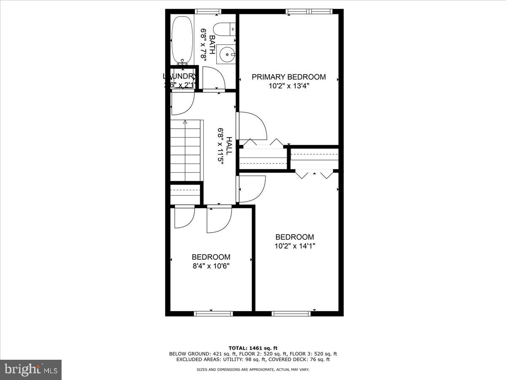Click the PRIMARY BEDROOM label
point(288,77)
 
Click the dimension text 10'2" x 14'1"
point(295,246)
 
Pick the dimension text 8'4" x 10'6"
point(211,266)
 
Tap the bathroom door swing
point(214,78)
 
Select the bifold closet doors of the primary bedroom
point(263,142)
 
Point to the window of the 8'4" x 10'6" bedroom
point(213,313)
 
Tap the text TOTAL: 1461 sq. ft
point(253,348)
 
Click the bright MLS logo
point(31,370)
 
